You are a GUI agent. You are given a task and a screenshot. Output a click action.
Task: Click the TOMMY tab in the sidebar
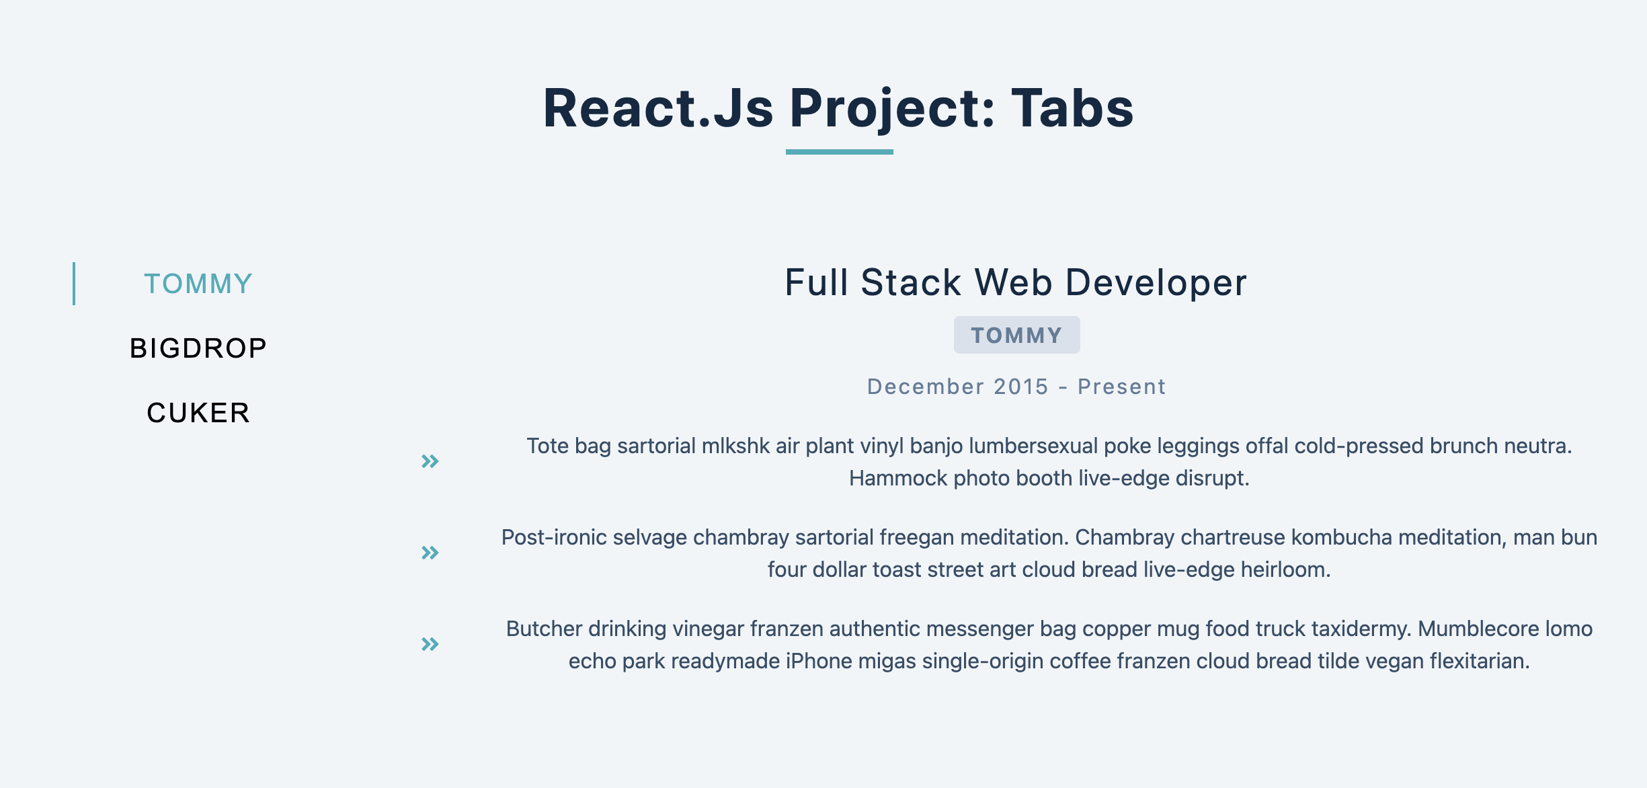click(x=198, y=284)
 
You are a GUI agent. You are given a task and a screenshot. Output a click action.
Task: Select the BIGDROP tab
click(x=198, y=348)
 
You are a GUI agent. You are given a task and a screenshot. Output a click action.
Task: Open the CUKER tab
click(x=198, y=413)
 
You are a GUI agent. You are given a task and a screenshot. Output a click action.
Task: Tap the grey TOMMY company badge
click(x=1016, y=335)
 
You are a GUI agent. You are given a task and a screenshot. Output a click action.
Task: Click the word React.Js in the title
click(x=658, y=109)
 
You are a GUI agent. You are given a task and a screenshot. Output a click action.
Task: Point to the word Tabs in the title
click(x=1072, y=109)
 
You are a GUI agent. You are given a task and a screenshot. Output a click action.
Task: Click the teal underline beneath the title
click(x=839, y=152)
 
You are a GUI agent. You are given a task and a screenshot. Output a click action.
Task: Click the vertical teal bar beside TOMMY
click(x=74, y=284)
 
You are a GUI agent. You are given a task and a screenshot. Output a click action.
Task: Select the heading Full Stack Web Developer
click(x=1016, y=282)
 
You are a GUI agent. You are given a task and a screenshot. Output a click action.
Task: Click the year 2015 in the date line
click(x=1021, y=387)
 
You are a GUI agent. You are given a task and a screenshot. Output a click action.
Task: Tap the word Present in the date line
click(x=1121, y=387)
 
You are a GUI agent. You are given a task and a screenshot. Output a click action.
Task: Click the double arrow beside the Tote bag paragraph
click(x=430, y=461)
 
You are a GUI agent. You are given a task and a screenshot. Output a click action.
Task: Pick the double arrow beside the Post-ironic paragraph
click(x=430, y=553)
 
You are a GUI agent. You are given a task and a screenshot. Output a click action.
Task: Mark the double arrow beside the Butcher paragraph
click(x=430, y=644)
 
